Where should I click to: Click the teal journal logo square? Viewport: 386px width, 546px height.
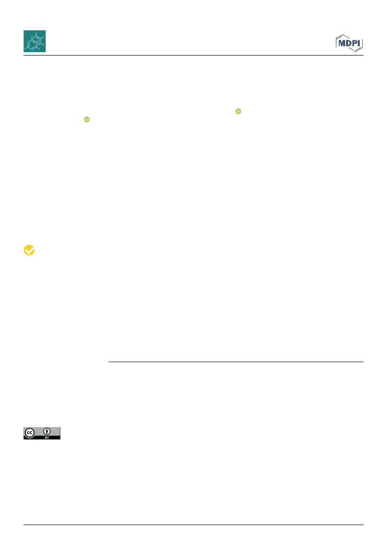click(x=35, y=41)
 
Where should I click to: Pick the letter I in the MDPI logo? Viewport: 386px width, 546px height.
click(x=359, y=43)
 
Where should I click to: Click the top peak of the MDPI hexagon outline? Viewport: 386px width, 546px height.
click(x=343, y=35)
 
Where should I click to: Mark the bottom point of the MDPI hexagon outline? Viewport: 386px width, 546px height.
click(x=355, y=52)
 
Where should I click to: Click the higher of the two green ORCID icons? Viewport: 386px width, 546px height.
click(x=238, y=111)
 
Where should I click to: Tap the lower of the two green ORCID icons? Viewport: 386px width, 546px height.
click(x=87, y=119)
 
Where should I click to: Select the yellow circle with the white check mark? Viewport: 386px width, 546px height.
click(x=29, y=250)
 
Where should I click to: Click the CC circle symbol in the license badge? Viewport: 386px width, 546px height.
click(x=30, y=433)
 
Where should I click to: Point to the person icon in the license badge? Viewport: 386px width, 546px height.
click(x=47, y=432)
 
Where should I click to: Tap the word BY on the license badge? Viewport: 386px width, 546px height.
click(x=47, y=437)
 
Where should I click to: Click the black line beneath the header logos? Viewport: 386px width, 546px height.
click(x=193, y=56)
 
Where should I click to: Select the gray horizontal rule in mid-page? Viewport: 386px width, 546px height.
click(x=236, y=362)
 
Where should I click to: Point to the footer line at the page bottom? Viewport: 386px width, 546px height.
click(x=193, y=525)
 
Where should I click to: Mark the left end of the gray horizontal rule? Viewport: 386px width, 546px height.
click(x=109, y=362)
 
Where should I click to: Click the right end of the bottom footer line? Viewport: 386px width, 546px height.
click(x=363, y=525)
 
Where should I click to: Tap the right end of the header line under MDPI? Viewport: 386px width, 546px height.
click(x=363, y=56)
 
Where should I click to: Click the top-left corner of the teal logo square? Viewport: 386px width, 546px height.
click(x=23, y=30)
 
